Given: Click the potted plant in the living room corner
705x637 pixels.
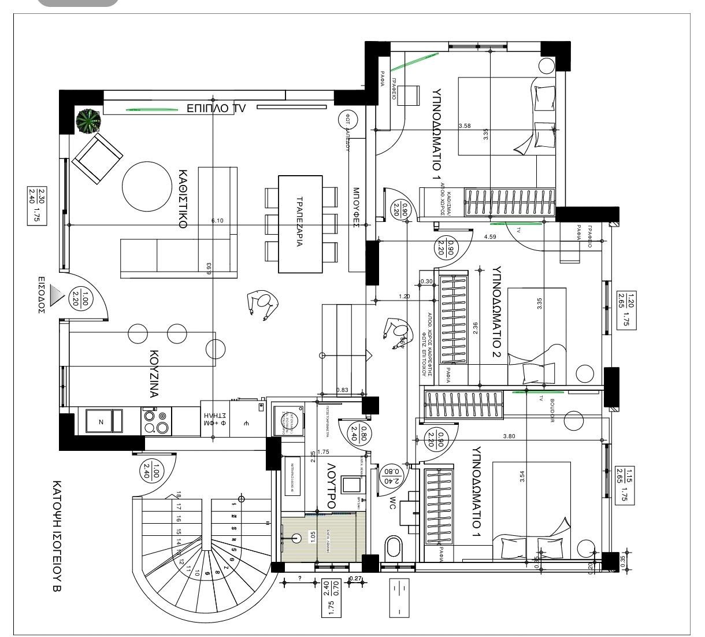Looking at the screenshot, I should (x=89, y=121).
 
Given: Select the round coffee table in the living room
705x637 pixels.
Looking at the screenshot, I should (x=146, y=186).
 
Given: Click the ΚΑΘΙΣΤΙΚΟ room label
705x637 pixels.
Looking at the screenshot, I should (x=183, y=199).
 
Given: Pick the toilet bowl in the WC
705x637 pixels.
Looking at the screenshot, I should (x=394, y=547).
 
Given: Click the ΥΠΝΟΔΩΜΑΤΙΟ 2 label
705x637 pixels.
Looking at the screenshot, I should (x=495, y=312).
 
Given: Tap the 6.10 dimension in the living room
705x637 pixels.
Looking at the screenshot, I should (x=217, y=221).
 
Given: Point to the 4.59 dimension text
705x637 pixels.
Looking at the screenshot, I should (x=490, y=236).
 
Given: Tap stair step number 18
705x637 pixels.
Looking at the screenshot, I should (x=179, y=495).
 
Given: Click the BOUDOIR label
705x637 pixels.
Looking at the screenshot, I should (x=552, y=412).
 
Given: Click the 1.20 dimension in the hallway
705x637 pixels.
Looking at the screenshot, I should (x=404, y=297).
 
